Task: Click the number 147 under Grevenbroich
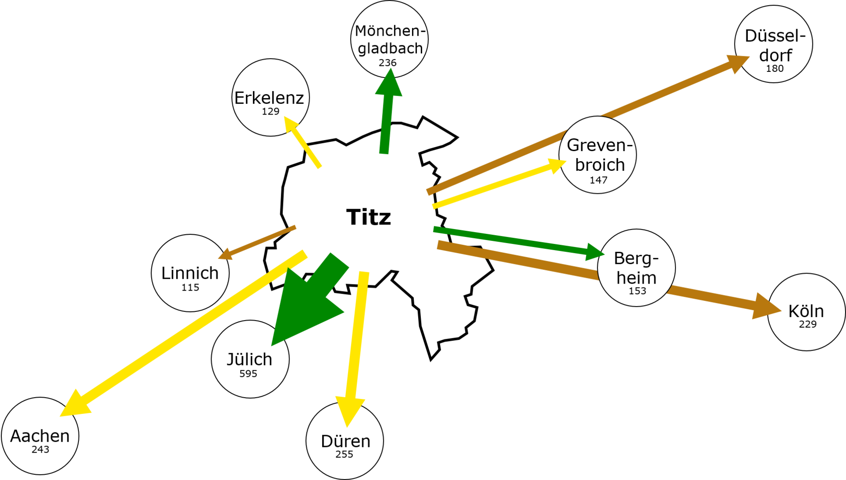coord(598,180)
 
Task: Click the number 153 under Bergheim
coord(637,291)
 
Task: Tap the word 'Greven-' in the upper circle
coord(600,145)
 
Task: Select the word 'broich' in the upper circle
coord(600,165)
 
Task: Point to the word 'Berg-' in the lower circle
coord(636,258)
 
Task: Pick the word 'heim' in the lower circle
coord(636,278)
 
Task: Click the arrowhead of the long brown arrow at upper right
coord(739,62)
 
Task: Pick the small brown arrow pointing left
coord(258,242)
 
